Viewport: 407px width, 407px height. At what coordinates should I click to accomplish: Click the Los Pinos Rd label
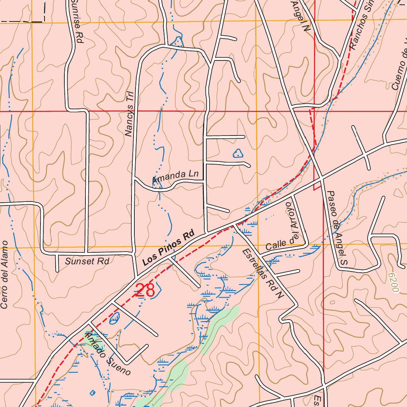[168, 247]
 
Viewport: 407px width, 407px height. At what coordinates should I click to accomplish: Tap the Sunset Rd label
[87, 261]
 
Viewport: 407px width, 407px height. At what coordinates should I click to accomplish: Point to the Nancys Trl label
[129, 114]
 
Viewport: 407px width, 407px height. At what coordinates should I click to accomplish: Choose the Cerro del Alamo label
[4, 274]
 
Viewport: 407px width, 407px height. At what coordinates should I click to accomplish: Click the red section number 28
[145, 290]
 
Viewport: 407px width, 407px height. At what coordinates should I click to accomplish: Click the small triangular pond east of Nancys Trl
[238, 153]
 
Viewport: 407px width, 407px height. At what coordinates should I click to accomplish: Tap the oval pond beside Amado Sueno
[114, 318]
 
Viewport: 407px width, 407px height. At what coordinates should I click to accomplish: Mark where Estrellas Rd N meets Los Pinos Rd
[235, 225]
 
